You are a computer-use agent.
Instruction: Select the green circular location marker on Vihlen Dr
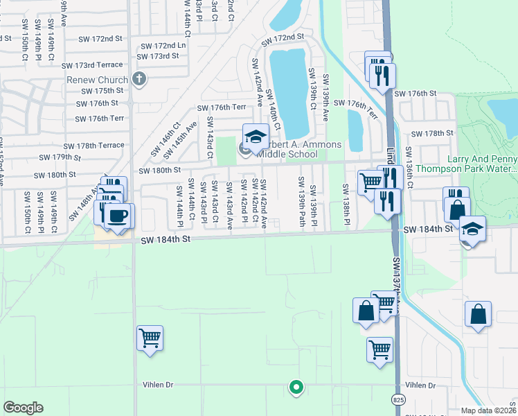click(x=296, y=388)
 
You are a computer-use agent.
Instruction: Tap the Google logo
click(x=23, y=408)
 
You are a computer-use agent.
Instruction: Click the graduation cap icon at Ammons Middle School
click(x=255, y=135)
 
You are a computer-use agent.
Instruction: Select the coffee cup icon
click(x=119, y=216)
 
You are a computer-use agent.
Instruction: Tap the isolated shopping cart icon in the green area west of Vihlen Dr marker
click(x=150, y=338)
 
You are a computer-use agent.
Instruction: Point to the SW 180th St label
click(x=159, y=170)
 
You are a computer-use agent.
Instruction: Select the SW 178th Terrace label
click(x=93, y=146)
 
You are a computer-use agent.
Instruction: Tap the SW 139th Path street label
click(x=301, y=201)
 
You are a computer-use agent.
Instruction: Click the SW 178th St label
click(x=431, y=133)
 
